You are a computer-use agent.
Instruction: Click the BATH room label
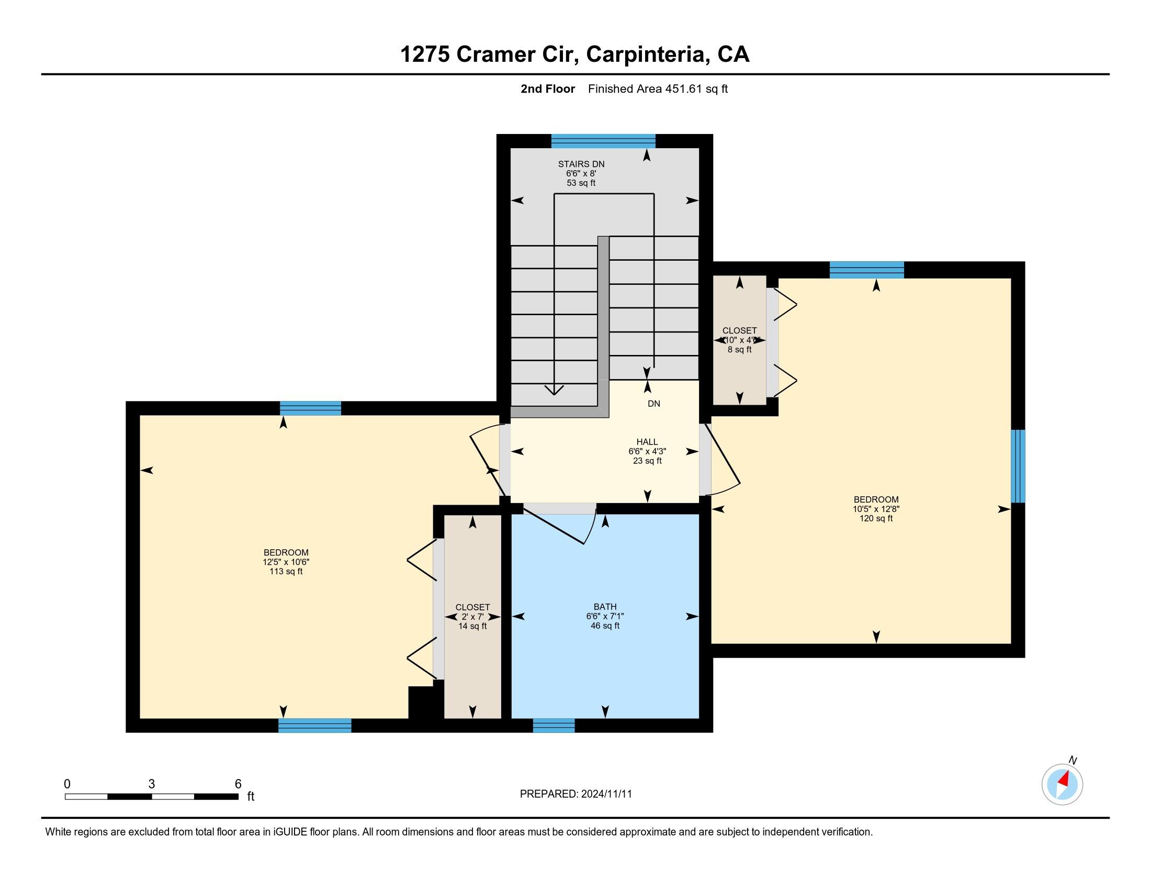(604, 607)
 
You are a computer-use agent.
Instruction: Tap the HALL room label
(647, 442)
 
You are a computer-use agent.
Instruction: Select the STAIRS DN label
(581, 164)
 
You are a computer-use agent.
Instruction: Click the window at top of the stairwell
(603, 141)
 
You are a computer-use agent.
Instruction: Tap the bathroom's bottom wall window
(554, 725)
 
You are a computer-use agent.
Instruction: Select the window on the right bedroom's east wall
(1018, 466)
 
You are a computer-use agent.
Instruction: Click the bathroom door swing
(564, 527)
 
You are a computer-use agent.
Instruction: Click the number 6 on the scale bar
(238, 784)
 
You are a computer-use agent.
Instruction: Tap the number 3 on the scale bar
(152, 784)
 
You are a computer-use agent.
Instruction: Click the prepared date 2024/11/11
(606, 794)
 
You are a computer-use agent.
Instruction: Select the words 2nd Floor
(547, 89)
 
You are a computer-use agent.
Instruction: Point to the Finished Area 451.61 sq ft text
(657, 89)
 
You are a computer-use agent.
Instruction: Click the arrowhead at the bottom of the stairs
(554, 390)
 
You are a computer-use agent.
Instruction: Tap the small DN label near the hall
(653, 404)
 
